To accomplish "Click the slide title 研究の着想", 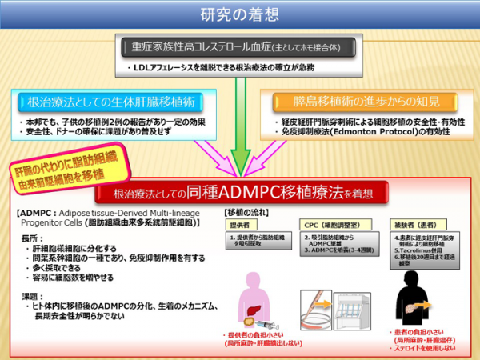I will click(x=239, y=14).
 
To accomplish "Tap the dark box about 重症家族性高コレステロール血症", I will click(x=239, y=47).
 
